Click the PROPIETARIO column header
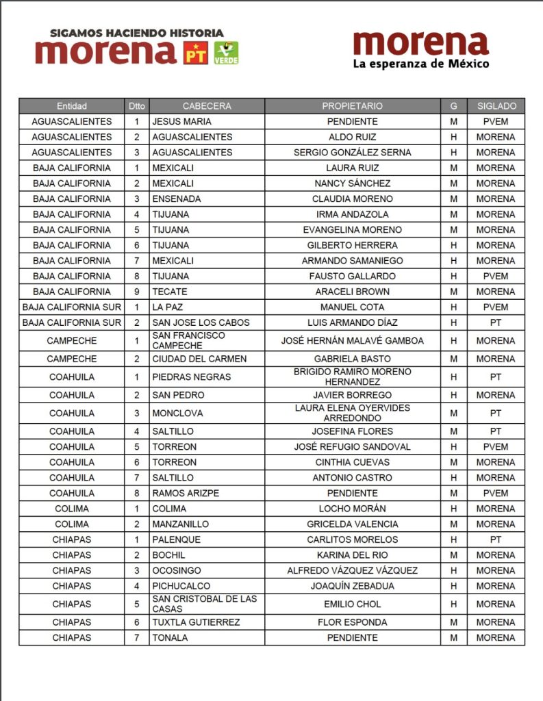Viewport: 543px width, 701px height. [x=352, y=106]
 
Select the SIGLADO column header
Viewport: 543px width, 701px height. [x=496, y=106]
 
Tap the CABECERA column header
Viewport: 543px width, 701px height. [x=207, y=106]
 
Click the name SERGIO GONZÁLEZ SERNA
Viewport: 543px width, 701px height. [x=352, y=153]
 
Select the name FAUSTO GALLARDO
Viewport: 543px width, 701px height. [x=352, y=276]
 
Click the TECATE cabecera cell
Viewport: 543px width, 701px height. [x=170, y=292]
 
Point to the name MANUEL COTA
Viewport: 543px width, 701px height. [x=352, y=307]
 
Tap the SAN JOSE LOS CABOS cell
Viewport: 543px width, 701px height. [x=201, y=322]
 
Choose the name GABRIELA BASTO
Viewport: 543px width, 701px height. [x=352, y=359]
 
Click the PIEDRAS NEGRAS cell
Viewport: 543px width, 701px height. [x=191, y=377]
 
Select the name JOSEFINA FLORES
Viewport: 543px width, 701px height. [x=352, y=431]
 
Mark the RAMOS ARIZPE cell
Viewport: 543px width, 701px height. [x=185, y=493]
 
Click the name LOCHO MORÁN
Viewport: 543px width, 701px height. [x=352, y=509]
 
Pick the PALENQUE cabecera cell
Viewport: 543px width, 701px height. [x=176, y=539]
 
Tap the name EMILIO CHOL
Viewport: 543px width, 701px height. [x=352, y=604]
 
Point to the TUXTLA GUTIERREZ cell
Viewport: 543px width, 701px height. [x=196, y=622]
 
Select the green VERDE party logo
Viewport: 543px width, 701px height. [x=226, y=53]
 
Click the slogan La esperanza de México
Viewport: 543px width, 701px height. [x=420, y=64]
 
